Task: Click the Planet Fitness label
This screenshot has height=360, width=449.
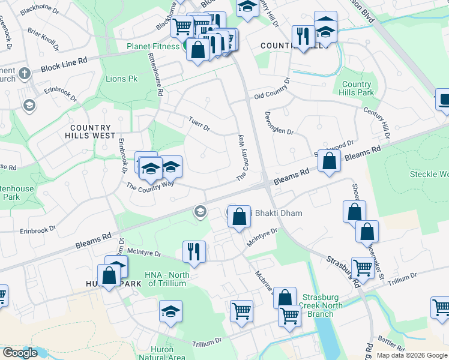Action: pyautogui.click(x=153, y=46)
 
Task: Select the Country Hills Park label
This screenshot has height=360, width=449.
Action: pyautogui.click(x=358, y=88)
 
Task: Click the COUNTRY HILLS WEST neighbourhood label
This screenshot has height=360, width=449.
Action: pyautogui.click(x=91, y=131)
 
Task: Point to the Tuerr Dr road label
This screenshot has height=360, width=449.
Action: pyautogui.click(x=199, y=123)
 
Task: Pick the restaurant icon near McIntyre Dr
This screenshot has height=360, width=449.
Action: pyautogui.click(x=194, y=251)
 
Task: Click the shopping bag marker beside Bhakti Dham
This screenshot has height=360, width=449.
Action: pyautogui.click(x=239, y=218)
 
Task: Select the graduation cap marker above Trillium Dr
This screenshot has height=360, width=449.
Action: pyautogui.click(x=170, y=312)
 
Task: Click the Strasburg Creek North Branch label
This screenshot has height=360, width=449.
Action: pyautogui.click(x=322, y=305)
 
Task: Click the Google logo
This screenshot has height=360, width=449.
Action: pyautogui.click(x=20, y=353)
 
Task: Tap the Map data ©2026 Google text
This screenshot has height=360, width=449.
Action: pyautogui.click(x=411, y=355)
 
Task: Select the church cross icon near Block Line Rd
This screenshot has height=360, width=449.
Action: pyautogui.click(x=24, y=74)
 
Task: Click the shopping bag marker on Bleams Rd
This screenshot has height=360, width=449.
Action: pyautogui.click(x=329, y=161)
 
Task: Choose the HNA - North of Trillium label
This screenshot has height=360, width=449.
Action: pyautogui.click(x=167, y=279)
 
